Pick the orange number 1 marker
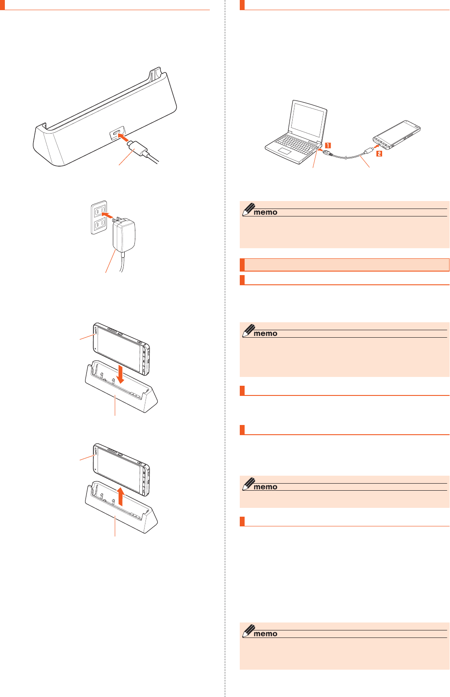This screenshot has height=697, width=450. (328, 145)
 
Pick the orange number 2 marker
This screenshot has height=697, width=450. (379, 154)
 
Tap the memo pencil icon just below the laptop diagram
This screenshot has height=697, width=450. (249, 209)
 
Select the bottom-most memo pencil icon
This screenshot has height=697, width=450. (249, 631)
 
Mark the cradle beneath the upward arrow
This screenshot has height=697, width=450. (121, 516)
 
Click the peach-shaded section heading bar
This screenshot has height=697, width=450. (345, 265)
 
